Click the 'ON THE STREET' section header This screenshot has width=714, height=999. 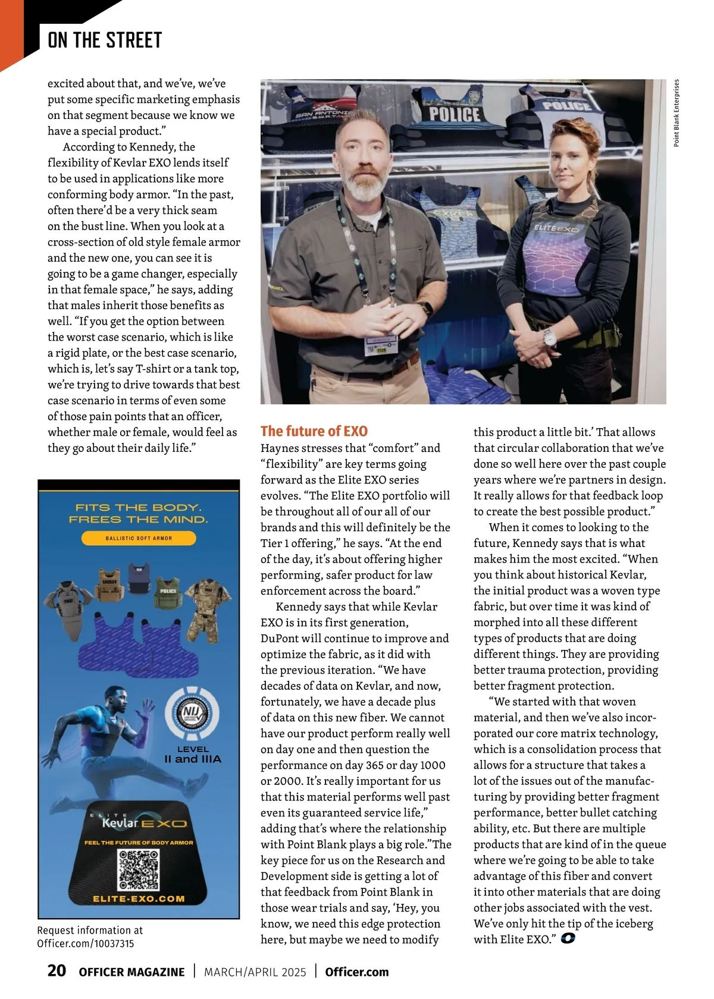point(105,40)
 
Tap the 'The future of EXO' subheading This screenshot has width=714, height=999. point(314,431)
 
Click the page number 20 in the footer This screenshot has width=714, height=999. point(57,971)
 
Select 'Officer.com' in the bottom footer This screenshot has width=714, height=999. point(357,972)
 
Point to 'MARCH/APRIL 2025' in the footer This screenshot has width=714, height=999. point(255,972)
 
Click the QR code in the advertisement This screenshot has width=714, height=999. point(139,869)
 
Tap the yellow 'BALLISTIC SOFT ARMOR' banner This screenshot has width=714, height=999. point(139,538)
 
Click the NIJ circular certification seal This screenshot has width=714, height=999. point(192,714)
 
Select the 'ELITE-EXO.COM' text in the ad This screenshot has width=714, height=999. point(139,899)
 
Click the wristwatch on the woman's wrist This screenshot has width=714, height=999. point(550,338)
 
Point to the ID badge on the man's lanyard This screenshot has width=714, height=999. point(377,344)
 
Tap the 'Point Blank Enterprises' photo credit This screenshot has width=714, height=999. point(677,113)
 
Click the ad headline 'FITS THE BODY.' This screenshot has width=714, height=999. point(139,507)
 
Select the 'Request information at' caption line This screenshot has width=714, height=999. point(90,931)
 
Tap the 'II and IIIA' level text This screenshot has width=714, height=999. point(193,759)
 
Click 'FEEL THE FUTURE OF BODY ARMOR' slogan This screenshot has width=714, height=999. point(139,843)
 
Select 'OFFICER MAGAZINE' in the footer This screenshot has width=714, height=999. point(131,972)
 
